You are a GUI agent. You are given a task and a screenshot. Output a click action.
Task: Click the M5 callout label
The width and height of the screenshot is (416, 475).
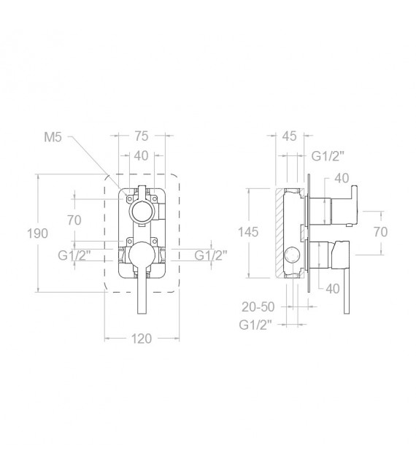point(53,137)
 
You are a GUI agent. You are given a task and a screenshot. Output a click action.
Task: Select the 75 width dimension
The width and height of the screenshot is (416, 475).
point(142,136)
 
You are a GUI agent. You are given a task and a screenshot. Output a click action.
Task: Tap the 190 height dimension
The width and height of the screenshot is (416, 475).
point(37,233)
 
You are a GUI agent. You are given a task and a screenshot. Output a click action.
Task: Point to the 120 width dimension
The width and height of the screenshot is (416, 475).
point(141,339)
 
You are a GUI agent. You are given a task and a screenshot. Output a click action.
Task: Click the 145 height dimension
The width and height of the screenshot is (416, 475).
point(248,232)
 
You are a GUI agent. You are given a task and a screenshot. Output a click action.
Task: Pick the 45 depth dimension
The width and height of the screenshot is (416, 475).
point(289,136)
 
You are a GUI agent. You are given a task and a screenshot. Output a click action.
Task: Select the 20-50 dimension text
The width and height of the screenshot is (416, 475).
point(258,307)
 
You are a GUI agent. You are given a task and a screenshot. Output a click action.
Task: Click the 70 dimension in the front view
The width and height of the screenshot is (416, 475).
point(74,220)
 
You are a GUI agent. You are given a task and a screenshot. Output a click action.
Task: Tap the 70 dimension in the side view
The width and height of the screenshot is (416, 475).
point(380,232)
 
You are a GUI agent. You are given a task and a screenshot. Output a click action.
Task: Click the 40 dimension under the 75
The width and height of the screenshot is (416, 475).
point(141,155)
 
